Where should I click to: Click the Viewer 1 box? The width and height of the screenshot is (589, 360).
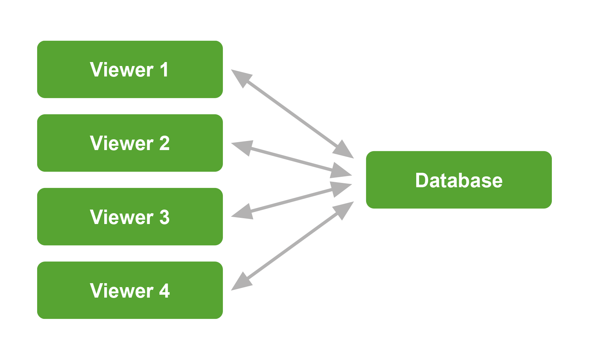(x=130, y=69)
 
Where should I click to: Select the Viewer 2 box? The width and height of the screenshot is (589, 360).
(x=130, y=143)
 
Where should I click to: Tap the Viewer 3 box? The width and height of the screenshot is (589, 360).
(x=130, y=216)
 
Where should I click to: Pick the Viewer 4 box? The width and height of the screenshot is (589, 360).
(x=130, y=290)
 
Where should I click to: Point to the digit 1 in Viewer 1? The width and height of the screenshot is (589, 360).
(x=164, y=70)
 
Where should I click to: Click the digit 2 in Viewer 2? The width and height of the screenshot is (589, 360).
(x=164, y=143)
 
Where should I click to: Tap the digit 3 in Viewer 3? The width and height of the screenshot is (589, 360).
(x=164, y=217)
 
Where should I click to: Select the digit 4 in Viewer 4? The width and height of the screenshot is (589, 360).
(x=164, y=291)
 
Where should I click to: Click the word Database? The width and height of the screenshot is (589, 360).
(x=459, y=180)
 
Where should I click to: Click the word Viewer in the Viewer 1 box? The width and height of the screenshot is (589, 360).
(x=122, y=70)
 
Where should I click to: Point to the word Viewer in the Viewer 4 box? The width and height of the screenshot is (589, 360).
(x=122, y=291)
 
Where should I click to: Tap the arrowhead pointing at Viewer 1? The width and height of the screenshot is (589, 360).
(x=240, y=77)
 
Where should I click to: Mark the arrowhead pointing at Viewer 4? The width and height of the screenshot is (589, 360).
(x=240, y=282)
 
